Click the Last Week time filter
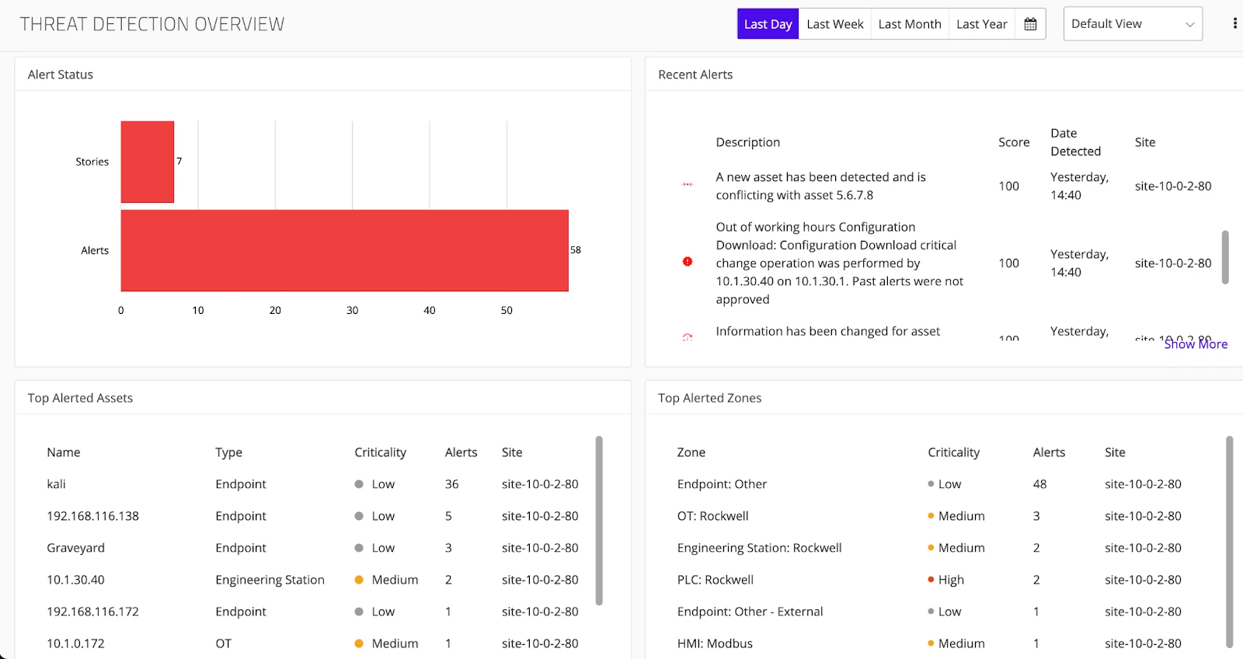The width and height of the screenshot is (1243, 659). pos(834,24)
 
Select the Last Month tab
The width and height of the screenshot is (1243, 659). pos(909,24)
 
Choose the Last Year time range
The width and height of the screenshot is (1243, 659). pos(981,24)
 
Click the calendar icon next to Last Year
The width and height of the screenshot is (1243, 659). pos(1030,24)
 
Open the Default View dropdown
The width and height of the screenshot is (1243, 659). pos(1132,24)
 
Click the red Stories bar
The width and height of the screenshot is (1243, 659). pos(147,162)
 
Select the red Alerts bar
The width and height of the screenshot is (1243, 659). pos(344,250)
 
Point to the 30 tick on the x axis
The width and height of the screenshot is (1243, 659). pos(352,310)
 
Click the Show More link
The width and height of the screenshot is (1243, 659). pos(1196,344)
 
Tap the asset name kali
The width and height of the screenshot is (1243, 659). pos(56,484)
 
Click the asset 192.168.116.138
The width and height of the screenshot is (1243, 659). pos(92,516)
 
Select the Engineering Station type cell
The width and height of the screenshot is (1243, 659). pos(270,580)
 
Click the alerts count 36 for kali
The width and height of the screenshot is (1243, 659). pos(451,484)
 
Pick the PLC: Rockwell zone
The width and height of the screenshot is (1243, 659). pos(715,580)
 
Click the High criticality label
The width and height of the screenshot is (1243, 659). pos(951,580)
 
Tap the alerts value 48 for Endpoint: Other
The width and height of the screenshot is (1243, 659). pos(1039,484)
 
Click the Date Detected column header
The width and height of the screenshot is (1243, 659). pos(1075,142)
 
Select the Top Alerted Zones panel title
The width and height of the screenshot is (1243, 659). pos(709,398)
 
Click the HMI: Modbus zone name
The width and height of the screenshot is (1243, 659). pos(715,643)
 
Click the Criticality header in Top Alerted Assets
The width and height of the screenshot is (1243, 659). pos(380,452)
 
